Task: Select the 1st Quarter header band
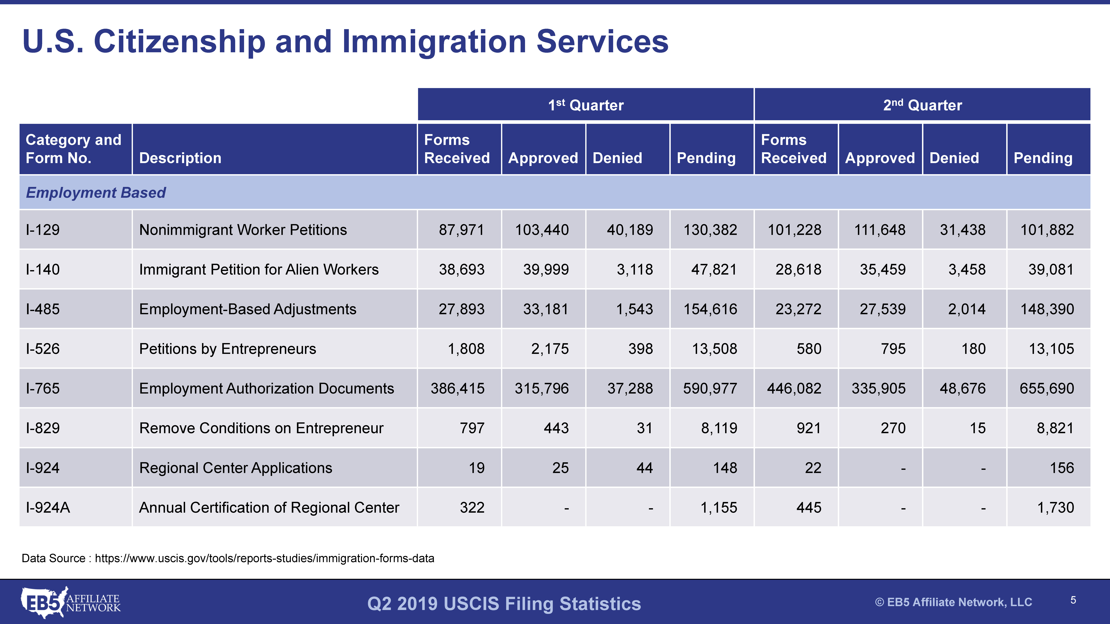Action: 586,105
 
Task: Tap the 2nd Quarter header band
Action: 922,105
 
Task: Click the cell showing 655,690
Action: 1047,388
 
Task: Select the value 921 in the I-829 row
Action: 809,428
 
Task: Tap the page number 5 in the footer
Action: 1073,600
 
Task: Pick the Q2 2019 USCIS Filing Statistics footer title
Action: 504,603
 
